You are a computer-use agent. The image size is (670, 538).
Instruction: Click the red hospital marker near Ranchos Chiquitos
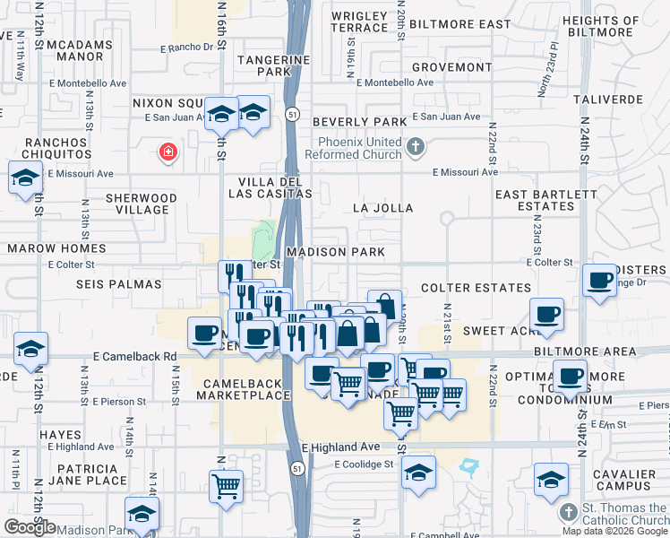pyautogui.click(x=167, y=152)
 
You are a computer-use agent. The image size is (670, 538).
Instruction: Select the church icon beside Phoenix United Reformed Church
pyautogui.click(x=414, y=145)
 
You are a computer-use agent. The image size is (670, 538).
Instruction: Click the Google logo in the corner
pyautogui.click(x=30, y=527)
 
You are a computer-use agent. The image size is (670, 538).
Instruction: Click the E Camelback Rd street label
pyautogui.click(x=134, y=356)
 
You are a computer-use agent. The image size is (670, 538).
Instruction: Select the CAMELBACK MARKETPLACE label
pyautogui.click(x=246, y=389)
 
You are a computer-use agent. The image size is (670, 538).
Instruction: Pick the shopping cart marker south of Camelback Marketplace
pyautogui.click(x=227, y=486)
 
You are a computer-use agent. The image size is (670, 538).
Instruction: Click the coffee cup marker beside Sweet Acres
pyautogui.click(x=546, y=315)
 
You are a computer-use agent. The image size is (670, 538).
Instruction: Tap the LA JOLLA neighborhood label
pyautogui.click(x=382, y=208)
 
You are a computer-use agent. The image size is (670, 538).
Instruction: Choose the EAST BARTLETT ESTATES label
pyautogui.click(x=545, y=200)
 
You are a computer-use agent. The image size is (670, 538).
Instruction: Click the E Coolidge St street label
pyautogui.click(x=364, y=464)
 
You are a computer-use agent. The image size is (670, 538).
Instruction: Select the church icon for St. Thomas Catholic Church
pyautogui.click(x=566, y=511)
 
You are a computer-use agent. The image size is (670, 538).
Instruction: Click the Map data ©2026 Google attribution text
pyautogui.click(x=615, y=531)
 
